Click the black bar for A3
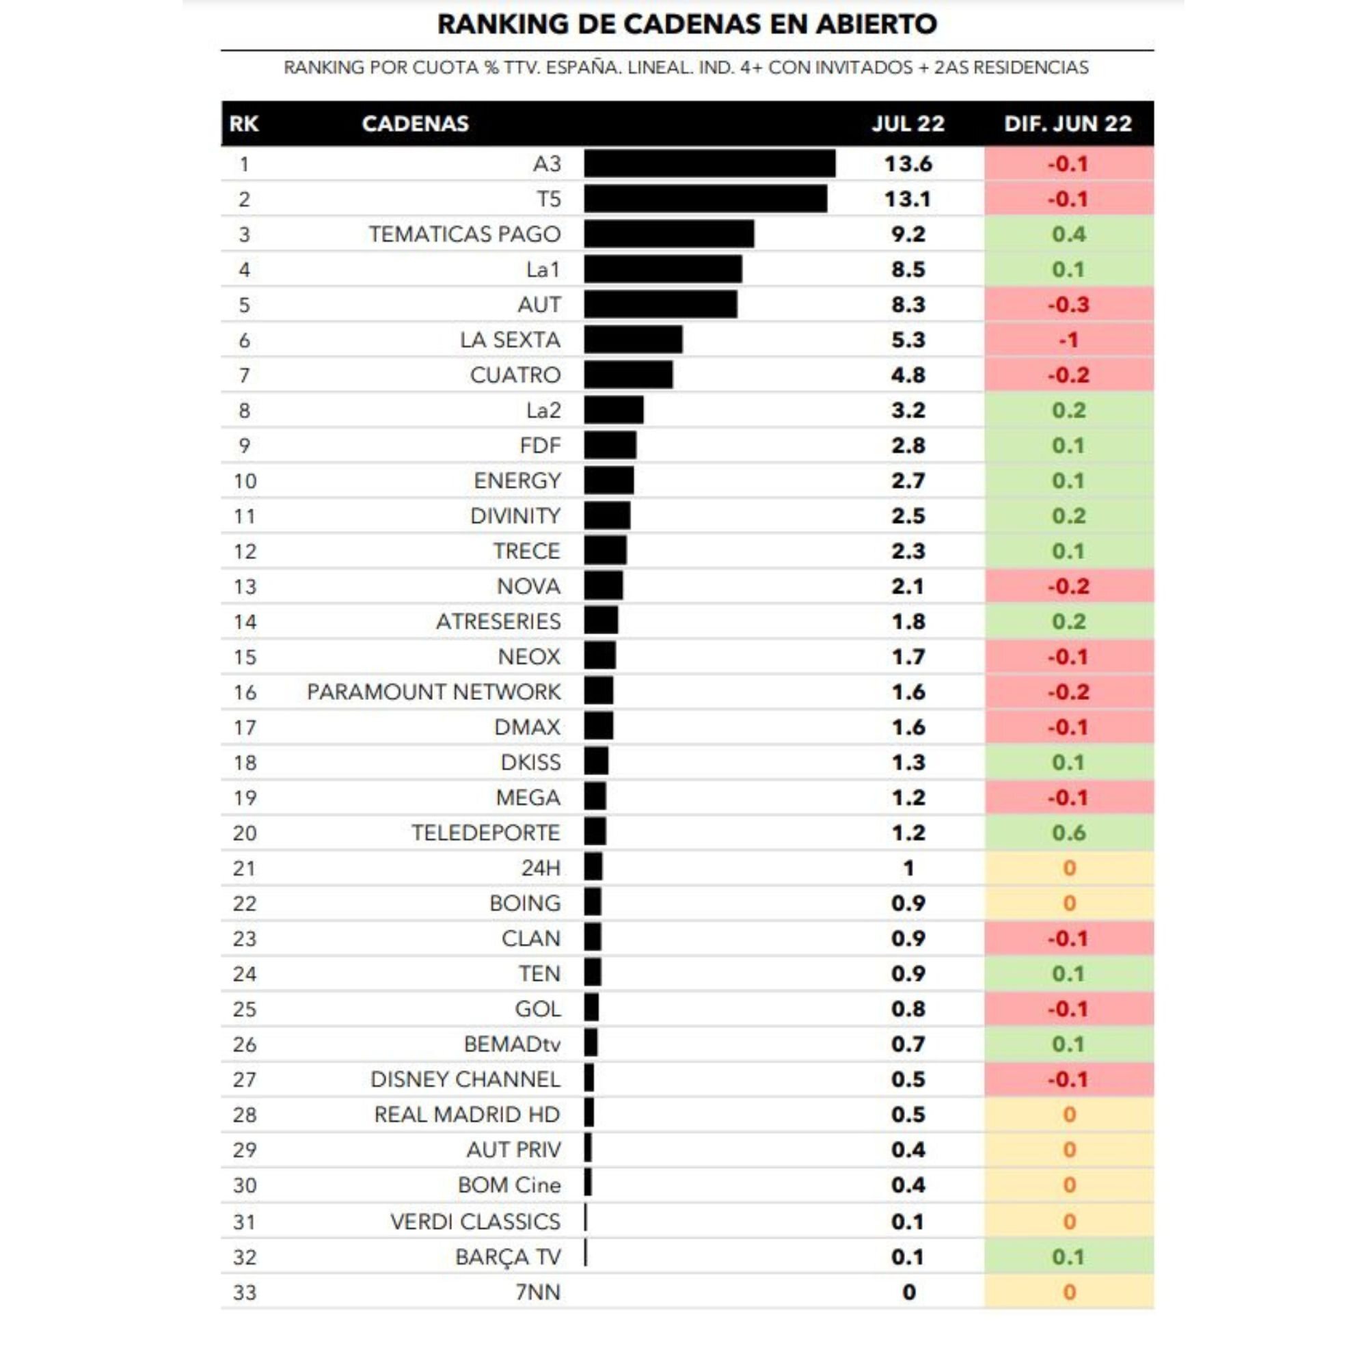(709, 163)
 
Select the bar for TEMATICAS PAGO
(668, 234)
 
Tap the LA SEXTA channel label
(509, 340)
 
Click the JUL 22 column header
(908, 124)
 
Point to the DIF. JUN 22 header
(1068, 124)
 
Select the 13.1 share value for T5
(908, 199)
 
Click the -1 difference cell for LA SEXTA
(1068, 340)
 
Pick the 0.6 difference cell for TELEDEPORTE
(1068, 833)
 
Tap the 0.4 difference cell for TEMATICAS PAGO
(1068, 234)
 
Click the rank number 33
(244, 1292)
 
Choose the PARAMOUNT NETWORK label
(433, 692)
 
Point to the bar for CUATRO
(628, 375)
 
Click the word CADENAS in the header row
(416, 124)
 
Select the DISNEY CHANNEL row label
(465, 1080)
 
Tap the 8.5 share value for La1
(908, 269)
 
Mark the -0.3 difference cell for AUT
(1068, 304)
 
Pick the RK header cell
(243, 124)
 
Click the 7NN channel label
(538, 1292)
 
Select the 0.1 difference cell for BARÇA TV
(1068, 1258)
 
